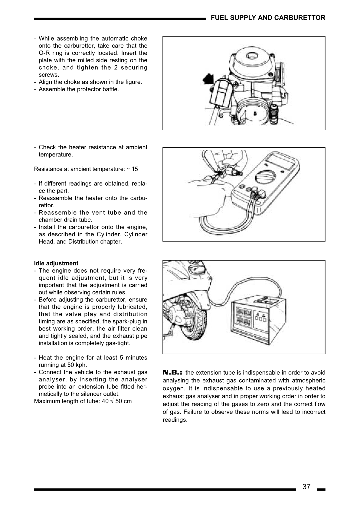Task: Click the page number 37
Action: tap(306, 487)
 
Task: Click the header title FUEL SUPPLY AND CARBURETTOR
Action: tap(268, 18)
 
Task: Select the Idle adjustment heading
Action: tap(56, 263)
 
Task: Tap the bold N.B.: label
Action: tap(174, 372)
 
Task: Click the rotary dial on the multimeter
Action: tap(265, 175)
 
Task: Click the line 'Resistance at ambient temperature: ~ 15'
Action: tap(86, 169)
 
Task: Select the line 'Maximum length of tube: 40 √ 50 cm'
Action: tap(83, 401)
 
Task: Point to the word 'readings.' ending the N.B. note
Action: tap(175, 420)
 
